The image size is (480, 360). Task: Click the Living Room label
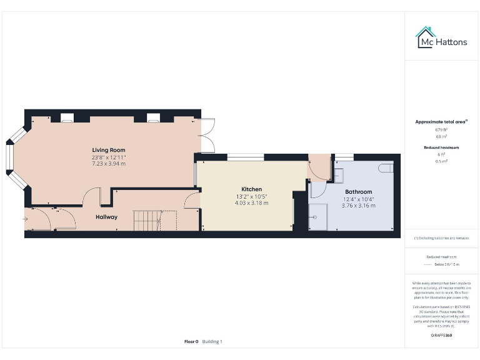(x=109, y=150)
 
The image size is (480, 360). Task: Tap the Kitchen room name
(x=252, y=189)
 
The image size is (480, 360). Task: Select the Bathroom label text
(x=358, y=192)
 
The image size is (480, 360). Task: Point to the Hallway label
(x=106, y=217)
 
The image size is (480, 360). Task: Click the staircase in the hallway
(x=147, y=220)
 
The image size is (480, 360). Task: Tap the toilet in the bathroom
(x=385, y=167)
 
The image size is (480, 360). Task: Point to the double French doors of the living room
(x=207, y=135)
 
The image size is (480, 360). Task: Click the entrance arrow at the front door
(x=26, y=219)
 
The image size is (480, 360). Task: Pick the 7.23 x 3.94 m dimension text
(x=109, y=164)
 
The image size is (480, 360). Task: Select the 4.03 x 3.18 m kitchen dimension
(x=252, y=203)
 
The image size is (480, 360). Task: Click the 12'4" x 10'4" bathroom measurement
(x=358, y=199)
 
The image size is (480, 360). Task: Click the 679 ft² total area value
(x=442, y=129)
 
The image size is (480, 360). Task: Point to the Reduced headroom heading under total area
(x=442, y=147)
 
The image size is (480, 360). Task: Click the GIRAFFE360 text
(x=441, y=336)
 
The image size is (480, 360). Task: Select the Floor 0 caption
(x=191, y=341)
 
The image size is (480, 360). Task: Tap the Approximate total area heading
(x=441, y=121)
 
